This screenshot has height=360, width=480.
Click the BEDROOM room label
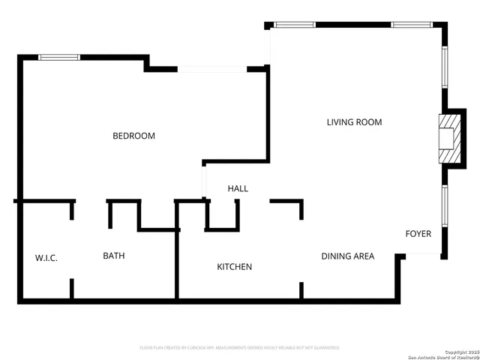(133, 136)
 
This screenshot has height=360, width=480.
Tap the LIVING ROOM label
(354, 122)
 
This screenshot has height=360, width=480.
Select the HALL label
(238, 189)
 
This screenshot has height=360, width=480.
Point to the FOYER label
(418, 234)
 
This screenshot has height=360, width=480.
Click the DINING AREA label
(347, 256)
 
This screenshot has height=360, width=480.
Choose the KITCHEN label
(234, 267)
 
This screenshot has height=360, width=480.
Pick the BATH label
(114, 256)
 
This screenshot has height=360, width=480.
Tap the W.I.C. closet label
(46, 258)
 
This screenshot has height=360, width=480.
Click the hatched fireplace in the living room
(448, 137)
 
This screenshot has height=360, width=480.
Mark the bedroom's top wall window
(59, 57)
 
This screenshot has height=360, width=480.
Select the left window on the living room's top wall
(295, 25)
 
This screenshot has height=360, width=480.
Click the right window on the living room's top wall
(412, 25)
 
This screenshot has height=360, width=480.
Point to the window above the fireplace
(444, 67)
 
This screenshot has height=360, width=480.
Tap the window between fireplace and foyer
(444, 206)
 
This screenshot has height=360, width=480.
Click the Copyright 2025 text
(459, 350)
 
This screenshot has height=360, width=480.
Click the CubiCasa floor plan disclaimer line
(240, 348)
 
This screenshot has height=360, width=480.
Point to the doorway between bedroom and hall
(203, 180)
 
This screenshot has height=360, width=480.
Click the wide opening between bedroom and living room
(212, 70)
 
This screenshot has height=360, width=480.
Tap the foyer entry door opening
(422, 255)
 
